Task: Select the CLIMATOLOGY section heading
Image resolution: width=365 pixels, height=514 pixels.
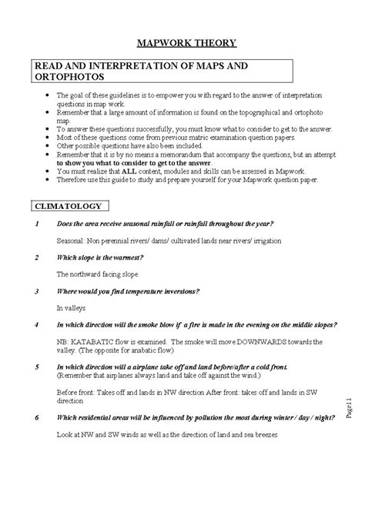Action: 71,205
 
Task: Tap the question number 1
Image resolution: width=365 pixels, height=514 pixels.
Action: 37,224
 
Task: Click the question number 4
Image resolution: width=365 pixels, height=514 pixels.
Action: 37,324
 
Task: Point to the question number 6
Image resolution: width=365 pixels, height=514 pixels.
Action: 37,419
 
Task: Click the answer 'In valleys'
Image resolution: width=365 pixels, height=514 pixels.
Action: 72,307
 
